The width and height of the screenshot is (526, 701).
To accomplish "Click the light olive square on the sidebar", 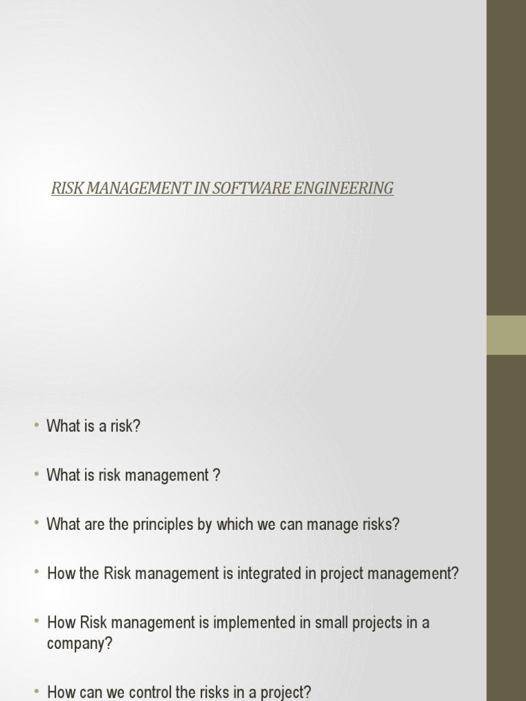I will coord(506,335).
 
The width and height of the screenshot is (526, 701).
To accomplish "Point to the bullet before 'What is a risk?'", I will coord(36,425).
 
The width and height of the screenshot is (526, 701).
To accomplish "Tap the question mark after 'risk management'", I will coord(216,475).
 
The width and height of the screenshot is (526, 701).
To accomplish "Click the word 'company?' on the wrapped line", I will coord(79,643).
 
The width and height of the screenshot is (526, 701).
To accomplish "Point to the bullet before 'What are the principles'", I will coord(36,524).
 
